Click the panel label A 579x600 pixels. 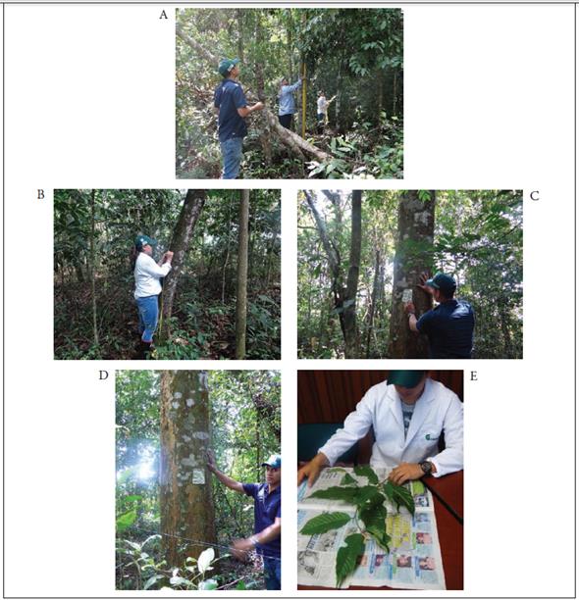tap(164, 15)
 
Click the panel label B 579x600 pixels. tap(40, 194)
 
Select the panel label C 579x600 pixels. tap(534, 196)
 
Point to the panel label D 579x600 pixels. tap(104, 375)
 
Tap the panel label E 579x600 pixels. tap(474, 376)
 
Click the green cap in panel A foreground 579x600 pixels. tap(228, 65)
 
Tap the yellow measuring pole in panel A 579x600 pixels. tap(304, 100)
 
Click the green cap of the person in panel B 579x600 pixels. tap(145, 241)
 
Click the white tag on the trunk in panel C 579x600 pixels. tap(407, 295)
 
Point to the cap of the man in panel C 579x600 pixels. tap(443, 281)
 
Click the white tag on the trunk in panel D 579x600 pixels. tap(198, 476)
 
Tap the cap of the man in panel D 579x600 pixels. tap(272, 462)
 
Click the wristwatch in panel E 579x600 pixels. tap(426, 468)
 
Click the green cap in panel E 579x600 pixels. tap(406, 378)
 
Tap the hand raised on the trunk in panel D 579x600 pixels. tap(211, 461)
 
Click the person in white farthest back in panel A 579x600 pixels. tap(322, 108)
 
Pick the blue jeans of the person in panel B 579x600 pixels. tap(147, 318)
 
